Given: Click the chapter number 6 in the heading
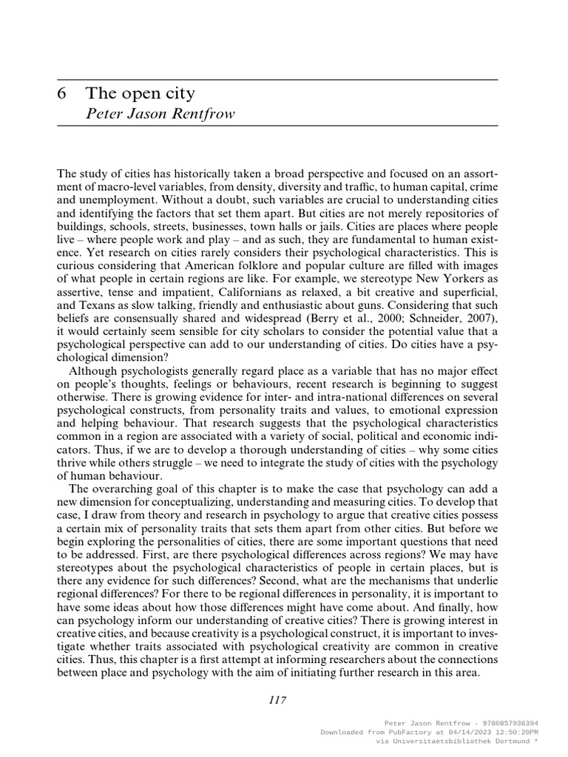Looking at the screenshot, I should (62, 94).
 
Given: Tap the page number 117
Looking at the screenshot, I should (277, 700).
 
